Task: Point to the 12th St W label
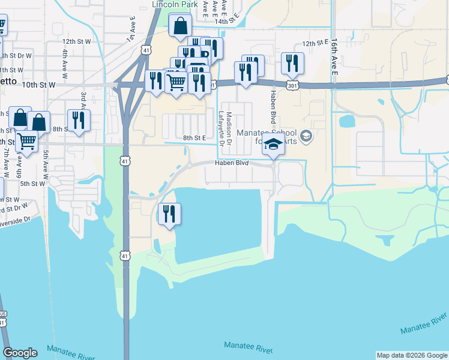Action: pyautogui.click(x=76, y=41)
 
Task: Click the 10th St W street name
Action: pyautogui.click(x=38, y=85)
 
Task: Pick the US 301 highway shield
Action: pyautogui.click(x=292, y=85)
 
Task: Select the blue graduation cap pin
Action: pyautogui.click(x=273, y=145)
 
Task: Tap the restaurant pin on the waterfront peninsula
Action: pyautogui.click(x=169, y=214)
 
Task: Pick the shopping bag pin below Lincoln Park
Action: pyautogui.click(x=180, y=27)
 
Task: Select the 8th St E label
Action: pyautogui.click(x=195, y=138)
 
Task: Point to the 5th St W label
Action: pyautogui.click(x=33, y=184)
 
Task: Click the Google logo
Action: pyautogui.click(x=20, y=353)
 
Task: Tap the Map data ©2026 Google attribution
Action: pyautogui.click(x=412, y=355)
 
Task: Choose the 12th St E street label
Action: pyautogui.click(x=316, y=44)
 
